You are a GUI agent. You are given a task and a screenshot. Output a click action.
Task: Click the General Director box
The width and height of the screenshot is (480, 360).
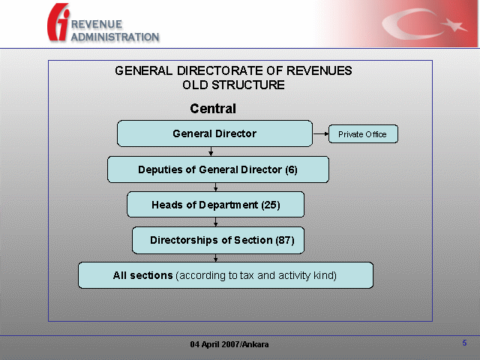(x=214, y=133)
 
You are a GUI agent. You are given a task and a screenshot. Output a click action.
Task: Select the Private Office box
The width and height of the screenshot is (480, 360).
(x=363, y=133)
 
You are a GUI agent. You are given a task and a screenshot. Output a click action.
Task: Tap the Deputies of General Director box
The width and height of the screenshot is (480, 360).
(x=218, y=169)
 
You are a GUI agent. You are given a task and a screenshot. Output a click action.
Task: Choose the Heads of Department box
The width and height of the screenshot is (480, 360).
(x=215, y=205)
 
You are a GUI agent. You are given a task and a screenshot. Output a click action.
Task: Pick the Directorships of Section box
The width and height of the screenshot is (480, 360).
(x=218, y=240)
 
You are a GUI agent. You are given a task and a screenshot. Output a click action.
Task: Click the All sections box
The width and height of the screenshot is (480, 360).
(x=226, y=275)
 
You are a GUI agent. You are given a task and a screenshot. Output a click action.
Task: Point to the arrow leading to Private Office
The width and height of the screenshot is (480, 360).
(x=320, y=133)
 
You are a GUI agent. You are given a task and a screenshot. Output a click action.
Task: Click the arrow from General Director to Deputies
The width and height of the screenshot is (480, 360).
(x=211, y=151)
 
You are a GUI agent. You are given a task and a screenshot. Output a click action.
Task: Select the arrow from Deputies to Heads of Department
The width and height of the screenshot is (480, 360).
(x=215, y=187)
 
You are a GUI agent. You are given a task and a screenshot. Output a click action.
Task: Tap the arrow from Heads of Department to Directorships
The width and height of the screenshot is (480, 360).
(x=215, y=222)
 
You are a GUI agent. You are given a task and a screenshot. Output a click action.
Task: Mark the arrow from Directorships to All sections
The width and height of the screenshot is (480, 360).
(x=215, y=258)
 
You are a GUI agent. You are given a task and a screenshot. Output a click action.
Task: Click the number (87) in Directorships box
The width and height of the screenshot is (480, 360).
(x=285, y=240)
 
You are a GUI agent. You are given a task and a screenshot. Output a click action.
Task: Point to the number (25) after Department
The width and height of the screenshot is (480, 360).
(x=271, y=205)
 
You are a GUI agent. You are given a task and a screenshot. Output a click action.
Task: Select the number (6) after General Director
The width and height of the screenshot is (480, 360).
(x=291, y=169)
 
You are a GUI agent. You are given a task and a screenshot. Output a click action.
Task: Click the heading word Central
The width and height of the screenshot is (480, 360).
(x=213, y=108)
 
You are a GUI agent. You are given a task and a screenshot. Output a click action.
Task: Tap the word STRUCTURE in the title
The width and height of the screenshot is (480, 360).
(x=248, y=85)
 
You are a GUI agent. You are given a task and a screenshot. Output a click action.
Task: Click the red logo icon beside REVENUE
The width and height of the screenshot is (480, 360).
(x=58, y=22)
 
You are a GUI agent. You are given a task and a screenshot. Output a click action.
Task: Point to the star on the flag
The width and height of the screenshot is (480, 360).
(x=454, y=25)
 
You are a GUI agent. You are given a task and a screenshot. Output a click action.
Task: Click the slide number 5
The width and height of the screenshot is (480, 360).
(x=464, y=343)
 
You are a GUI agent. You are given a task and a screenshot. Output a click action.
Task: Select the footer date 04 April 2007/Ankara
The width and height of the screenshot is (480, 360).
(x=229, y=344)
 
